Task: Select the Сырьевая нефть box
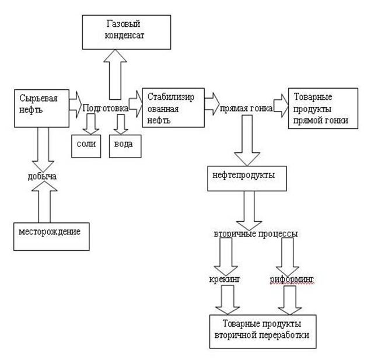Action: coord(41,107)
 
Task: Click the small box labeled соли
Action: coord(86,146)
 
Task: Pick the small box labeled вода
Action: coord(124,146)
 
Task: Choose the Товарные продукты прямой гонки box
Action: coord(321,109)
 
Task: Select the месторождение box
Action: coord(51,235)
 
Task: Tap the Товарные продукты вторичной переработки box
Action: coord(262,331)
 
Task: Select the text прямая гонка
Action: coord(246,109)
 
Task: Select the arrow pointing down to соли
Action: coord(90,123)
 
